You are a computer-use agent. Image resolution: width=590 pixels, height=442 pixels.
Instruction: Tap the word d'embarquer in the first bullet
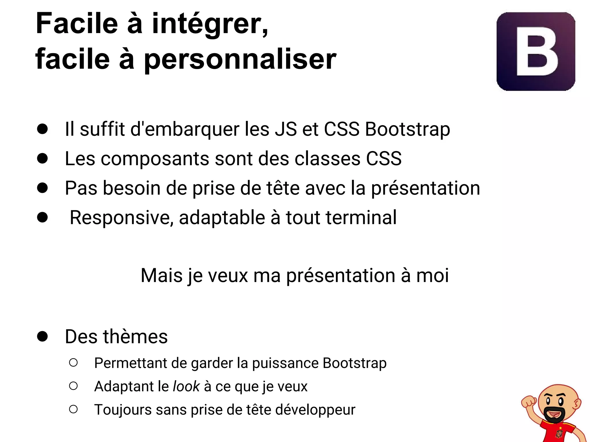click(185, 129)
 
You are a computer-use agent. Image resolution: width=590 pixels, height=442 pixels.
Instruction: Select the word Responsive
click(121, 218)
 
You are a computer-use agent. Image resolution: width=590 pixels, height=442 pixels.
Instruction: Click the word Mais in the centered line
click(162, 276)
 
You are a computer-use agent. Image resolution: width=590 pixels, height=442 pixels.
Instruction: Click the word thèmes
click(135, 337)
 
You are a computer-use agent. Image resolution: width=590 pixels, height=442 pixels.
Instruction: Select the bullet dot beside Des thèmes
click(42, 336)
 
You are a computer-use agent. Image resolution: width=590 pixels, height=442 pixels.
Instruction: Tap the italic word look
click(186, 386)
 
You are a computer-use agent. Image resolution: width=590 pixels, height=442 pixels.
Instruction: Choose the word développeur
click(315, 410)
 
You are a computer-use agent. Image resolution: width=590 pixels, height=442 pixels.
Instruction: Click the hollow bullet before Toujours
click(73, 409)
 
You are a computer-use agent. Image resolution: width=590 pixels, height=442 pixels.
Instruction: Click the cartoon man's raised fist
click(529, 402)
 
